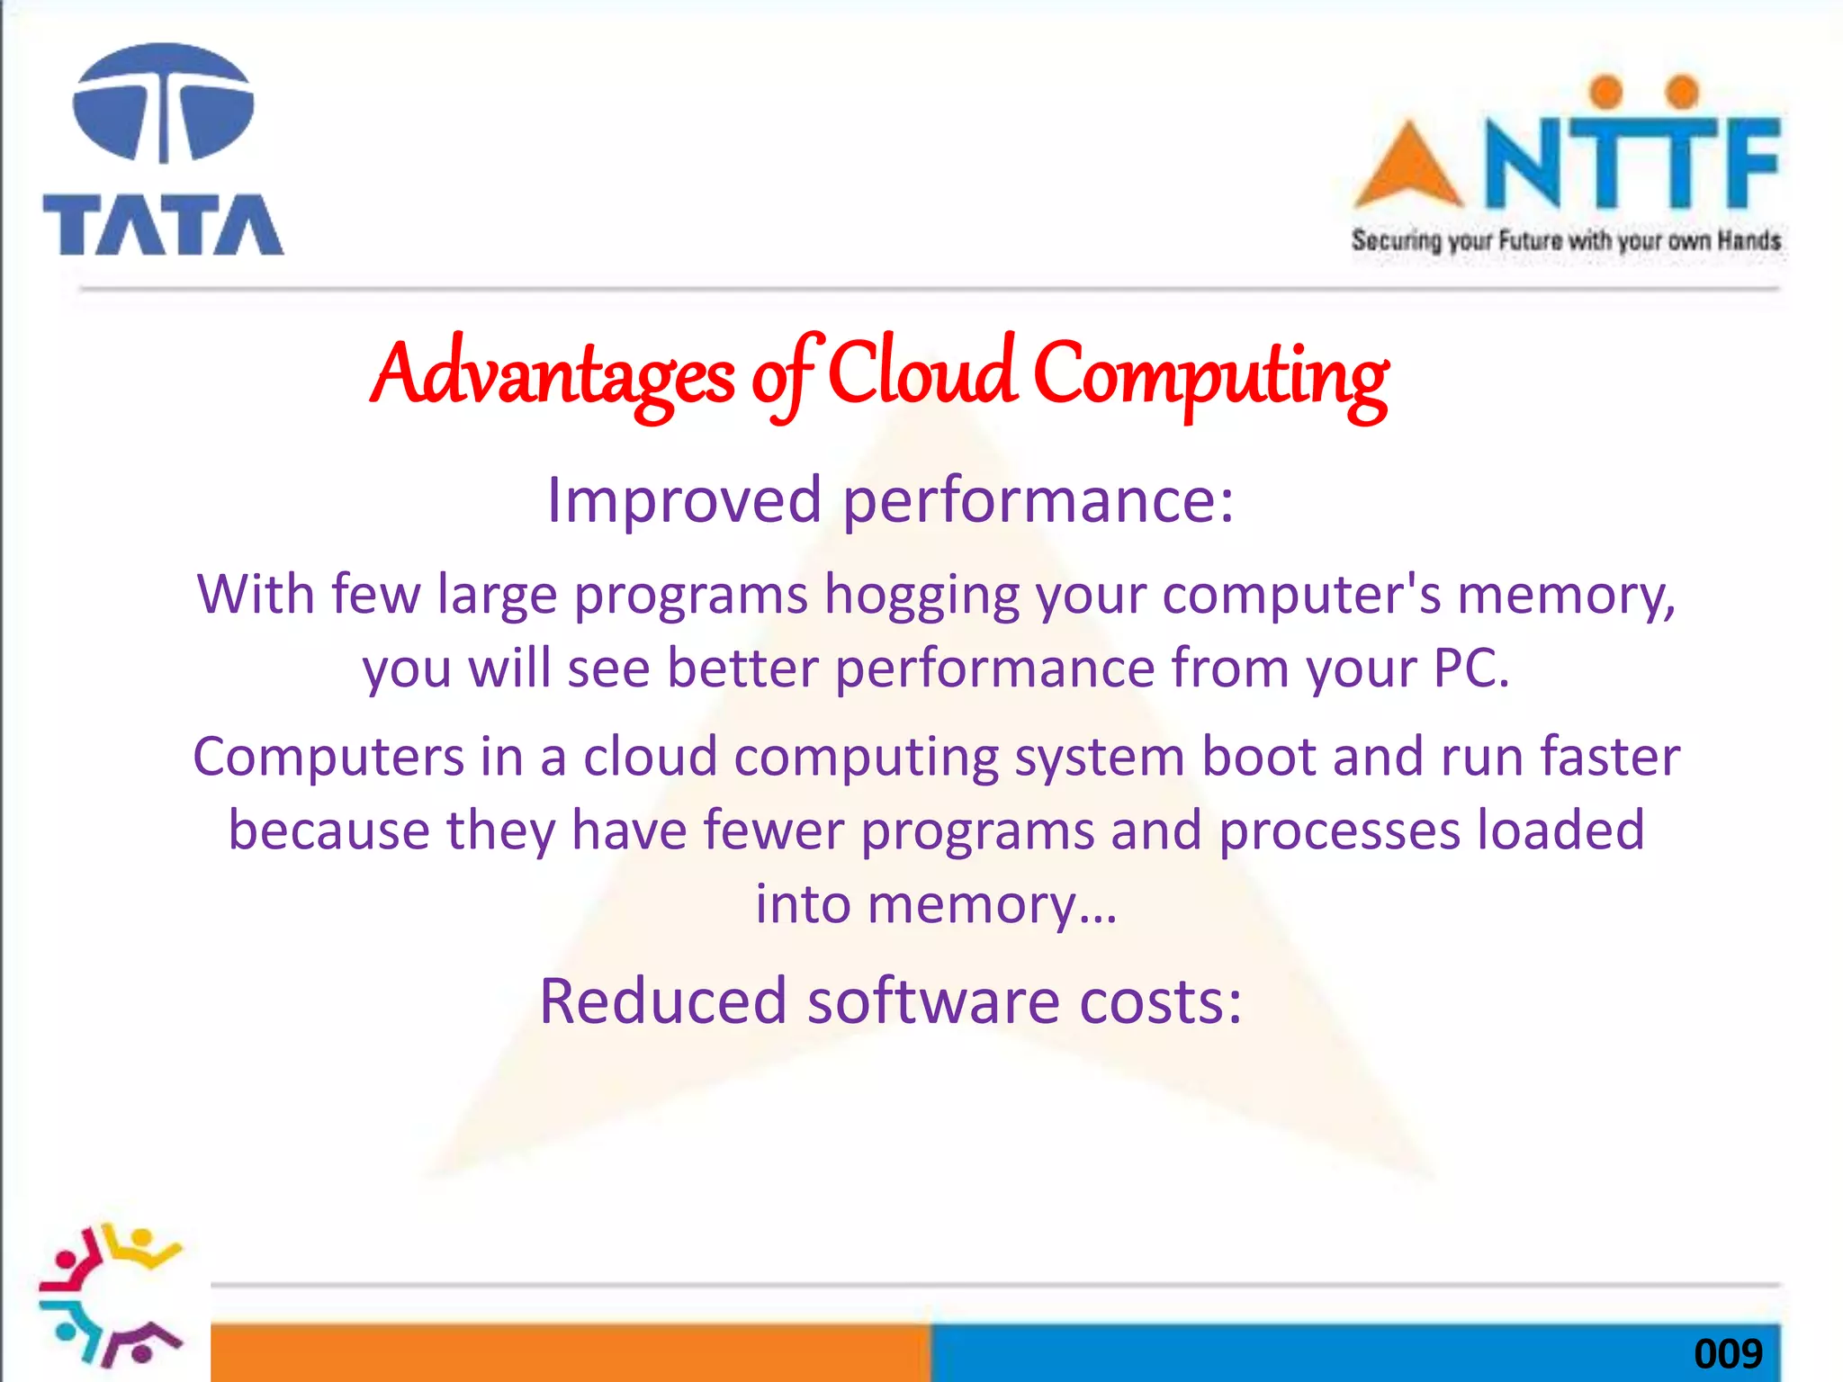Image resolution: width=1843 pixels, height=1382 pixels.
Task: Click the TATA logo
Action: (x=163, y=150)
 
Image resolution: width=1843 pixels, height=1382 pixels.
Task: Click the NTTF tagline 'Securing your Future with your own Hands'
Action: (x=1566, y=241)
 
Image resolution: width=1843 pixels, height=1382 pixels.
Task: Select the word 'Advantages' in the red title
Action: (x=552, y=376)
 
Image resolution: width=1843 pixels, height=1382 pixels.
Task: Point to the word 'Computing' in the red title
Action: (x=1211, y=378)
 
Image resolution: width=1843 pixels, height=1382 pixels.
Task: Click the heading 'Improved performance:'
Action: (x=890, y=500)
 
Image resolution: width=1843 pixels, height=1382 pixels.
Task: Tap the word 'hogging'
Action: (x=921, y=597)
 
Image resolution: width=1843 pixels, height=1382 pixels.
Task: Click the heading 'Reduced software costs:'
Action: (x=890, y=1001)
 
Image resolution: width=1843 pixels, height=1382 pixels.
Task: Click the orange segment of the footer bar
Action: (x=571, y=1351)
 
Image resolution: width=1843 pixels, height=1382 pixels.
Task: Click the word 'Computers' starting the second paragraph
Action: (x=328, y=757)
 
